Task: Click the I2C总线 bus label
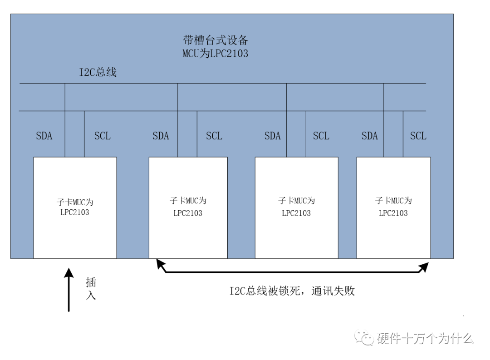click(98, 72)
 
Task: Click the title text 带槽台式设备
click(215, 39)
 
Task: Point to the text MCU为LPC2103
click(215, 54)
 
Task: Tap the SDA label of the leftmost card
click(44, 136)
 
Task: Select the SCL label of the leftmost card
click(102, 136)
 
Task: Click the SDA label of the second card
click(161, 136)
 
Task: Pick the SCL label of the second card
click(214, 136)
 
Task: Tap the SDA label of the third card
click(272, 136)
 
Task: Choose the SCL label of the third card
click(321, 136)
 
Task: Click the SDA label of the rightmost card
click(370, 136)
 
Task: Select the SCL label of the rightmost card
click(418, 136)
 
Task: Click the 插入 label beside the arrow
click(91, 289)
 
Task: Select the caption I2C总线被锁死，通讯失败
click(292, 291)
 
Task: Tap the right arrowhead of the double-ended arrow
click(424, 267)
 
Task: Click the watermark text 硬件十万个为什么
click(425, 338)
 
